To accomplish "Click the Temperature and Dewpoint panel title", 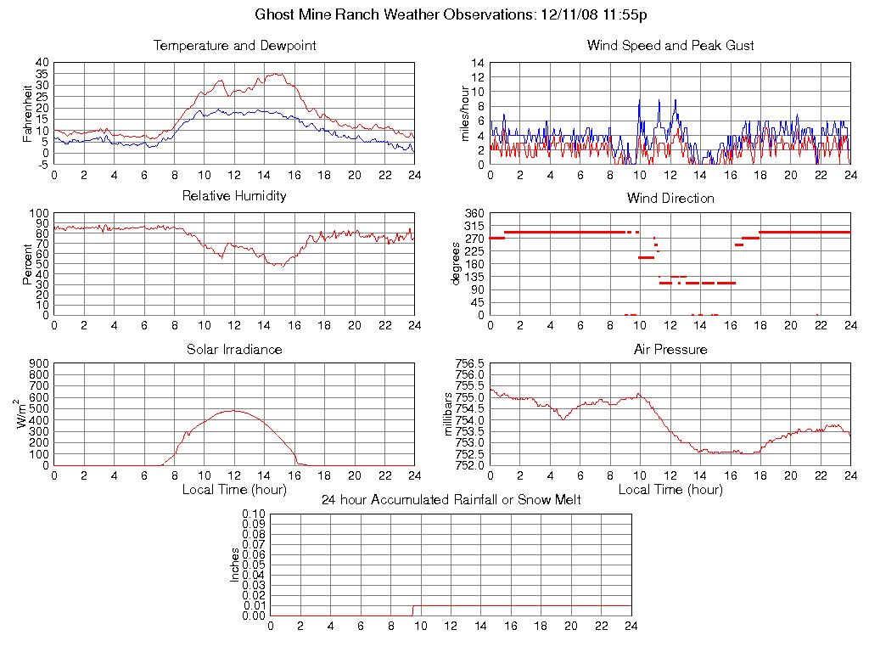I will [x=234, y=46].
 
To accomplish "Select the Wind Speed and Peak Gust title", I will [x=670, y=46].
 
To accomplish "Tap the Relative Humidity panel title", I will [x=234, y=196].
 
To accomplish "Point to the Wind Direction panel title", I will [x=670, y=199].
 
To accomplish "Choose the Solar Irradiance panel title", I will [x=234, y=350].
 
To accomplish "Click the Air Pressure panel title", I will [x=670, y=350].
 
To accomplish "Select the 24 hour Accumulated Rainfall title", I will [x=451, y=500].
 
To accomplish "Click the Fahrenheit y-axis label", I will [x=27, y=113].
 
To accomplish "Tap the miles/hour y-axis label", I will [x=464, y=113].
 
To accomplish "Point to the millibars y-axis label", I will [x=451, y=413].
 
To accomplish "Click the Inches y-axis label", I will [x=235, y=565].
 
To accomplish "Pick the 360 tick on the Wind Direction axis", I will [x=474, y=213].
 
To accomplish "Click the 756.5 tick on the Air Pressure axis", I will [x=469, y=364].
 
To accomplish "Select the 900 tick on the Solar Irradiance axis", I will [x=39, y=364].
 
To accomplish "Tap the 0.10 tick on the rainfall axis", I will [x=254, y=514].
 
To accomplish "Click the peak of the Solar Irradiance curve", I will [x=234, y=411].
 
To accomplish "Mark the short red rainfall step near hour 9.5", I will [x=413, y=610].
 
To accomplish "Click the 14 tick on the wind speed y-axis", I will [x=478, y=64].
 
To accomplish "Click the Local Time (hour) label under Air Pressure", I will [x=670, y=490].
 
